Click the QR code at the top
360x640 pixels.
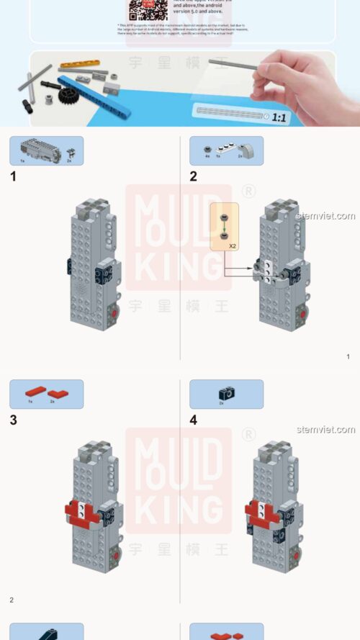coord(142,9)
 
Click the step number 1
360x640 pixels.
coord(13,176)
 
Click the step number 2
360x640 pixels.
coord(193,176)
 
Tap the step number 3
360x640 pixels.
coord(13,420)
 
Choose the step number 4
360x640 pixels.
coord(193,420)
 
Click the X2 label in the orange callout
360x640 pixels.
coord(233,245)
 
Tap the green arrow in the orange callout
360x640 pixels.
coord(225,226)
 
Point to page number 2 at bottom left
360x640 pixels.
coord(12,600)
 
